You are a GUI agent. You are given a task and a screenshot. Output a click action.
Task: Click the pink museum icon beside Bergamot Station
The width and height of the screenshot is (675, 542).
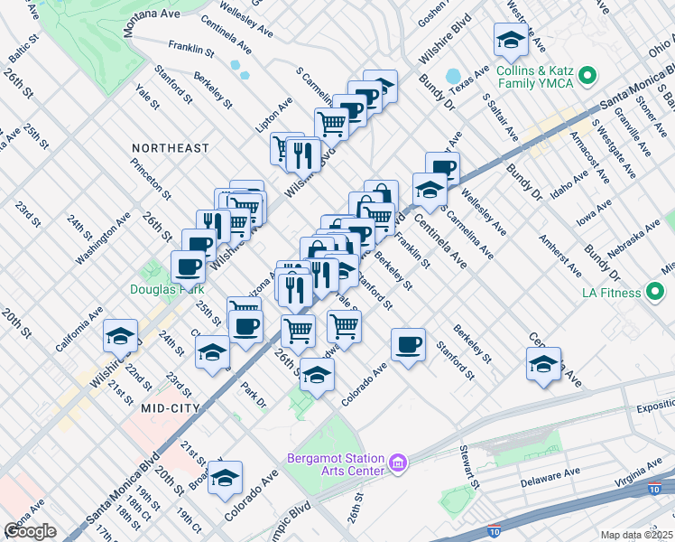398,464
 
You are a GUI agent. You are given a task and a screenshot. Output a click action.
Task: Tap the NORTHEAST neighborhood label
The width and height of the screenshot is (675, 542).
170,147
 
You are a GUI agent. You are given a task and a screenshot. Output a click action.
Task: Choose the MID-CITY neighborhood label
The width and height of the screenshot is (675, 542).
170,408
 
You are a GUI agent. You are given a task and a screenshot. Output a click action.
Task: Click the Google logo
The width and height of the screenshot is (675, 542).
31,531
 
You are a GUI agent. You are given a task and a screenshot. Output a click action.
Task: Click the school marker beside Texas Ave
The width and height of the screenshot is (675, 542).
511,41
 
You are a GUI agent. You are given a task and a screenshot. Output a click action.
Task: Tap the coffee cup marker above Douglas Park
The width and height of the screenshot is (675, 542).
188,266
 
